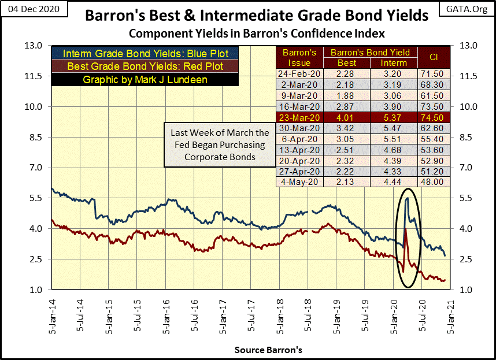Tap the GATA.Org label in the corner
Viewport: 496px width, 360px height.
pyautogui.click(x=465, y=10)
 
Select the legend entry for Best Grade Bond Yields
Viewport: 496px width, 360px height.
pyautogui.click(x=146, y=66)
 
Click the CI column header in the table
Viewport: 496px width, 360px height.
pyautogui.click(x=434, y=57)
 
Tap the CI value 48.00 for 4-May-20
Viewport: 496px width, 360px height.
pyautogui.click(x=434, y=181)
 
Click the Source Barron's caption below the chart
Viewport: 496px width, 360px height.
pyautogui.click(x=268, y=350)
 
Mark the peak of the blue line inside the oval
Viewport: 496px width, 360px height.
pyautogui.click(x=408, y=198)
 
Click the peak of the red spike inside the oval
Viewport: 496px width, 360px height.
pyautogui.click(x=405, y=229)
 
